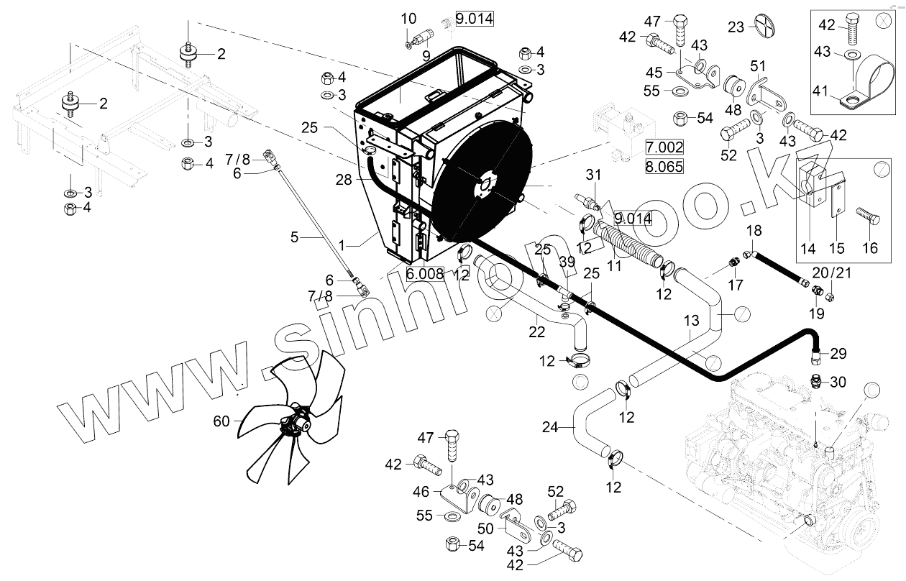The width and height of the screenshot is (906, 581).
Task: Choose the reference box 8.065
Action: [664, 167]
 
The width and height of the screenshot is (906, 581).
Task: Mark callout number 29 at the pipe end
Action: [838, 353]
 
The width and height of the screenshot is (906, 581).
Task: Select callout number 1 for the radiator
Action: [342, 244]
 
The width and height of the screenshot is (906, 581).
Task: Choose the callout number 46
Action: [422, 492]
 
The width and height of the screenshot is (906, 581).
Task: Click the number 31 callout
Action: [592, 174]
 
